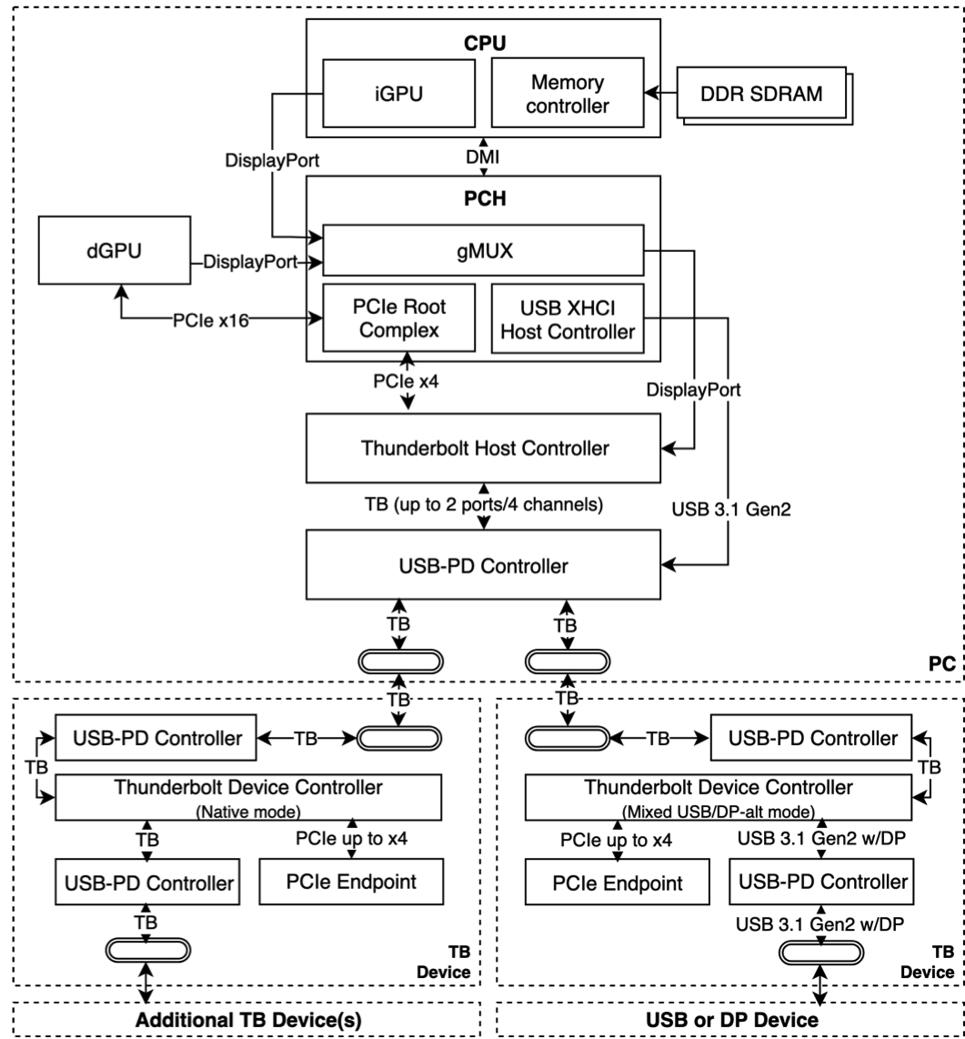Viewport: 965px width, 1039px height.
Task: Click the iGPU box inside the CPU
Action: [x=398, y=94]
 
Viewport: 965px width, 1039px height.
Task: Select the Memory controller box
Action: [x=568, y=93]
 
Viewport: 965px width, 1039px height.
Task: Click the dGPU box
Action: [x=115, y=250]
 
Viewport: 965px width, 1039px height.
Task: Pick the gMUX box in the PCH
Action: [x=484, y=250]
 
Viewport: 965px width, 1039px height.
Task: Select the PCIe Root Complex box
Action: [x=398, y=318]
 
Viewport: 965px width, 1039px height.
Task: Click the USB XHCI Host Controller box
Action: [x=568, y=319]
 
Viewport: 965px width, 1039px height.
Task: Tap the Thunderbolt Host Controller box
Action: [x=484, y=448]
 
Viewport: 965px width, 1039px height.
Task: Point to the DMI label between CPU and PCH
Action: [x=483, y=157]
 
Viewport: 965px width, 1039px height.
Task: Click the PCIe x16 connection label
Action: [x=211, y=321]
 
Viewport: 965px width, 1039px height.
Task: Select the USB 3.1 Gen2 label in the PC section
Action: [x=731, y=509]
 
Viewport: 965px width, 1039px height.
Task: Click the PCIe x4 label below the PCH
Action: [x=406, y=382]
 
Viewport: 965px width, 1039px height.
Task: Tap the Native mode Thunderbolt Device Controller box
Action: [x=248, y=798]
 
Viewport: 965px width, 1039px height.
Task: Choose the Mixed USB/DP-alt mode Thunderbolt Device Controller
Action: [x=719, y=798]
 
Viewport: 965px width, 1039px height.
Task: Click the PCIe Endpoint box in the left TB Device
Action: [x=351, y=882]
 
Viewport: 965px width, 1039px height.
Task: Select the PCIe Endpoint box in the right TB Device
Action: [x=618, y=883]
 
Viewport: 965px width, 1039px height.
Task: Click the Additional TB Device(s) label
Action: [x=248, y=1020]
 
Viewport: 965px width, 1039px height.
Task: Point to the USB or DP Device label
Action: [x=732, y=1020]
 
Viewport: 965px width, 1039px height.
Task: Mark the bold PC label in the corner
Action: [x=942, y=664]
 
